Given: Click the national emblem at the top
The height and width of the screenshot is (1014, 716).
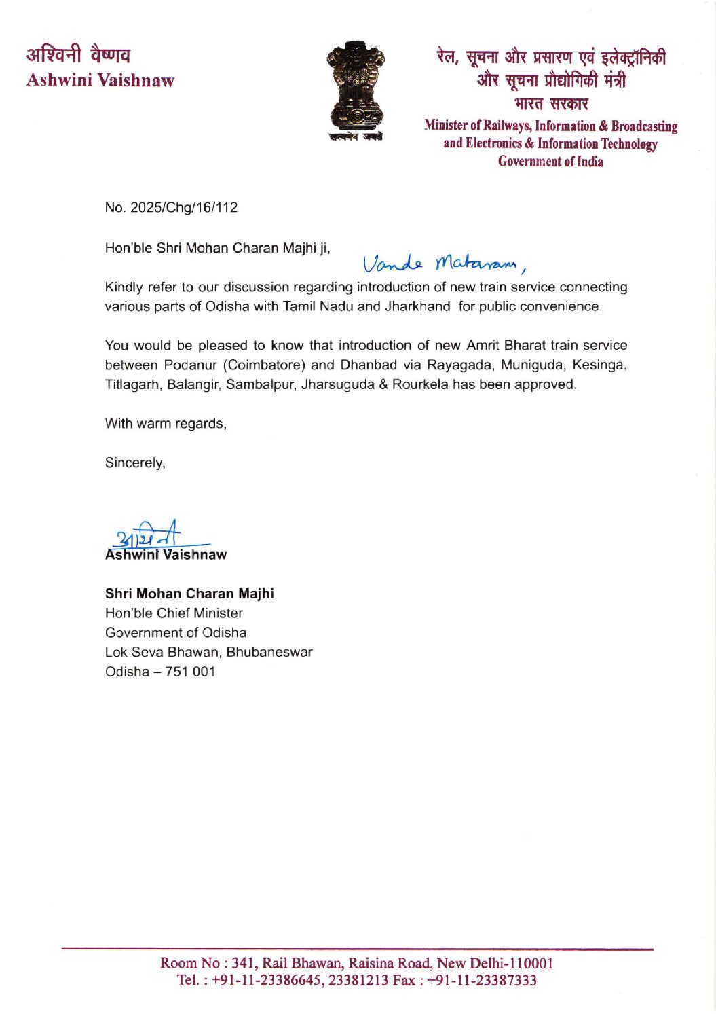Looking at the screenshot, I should (x=356, y=89).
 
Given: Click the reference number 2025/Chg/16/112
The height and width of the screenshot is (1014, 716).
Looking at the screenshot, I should (x=184, y=208).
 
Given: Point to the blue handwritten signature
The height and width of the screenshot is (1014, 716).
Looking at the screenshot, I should (x=153, y=535).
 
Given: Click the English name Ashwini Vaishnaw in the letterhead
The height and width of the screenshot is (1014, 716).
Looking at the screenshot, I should (x=100, y=80).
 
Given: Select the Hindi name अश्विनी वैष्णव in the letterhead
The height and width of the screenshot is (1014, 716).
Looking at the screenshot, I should (x=79, y=54).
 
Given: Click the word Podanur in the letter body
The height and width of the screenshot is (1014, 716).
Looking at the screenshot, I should (x=190, y=365).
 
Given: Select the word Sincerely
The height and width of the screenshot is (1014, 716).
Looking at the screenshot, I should (x=135, y=463).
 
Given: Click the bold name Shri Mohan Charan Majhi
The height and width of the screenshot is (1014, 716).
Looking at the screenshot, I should (x=189, y=594).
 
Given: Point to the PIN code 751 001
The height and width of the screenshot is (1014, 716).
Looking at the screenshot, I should (x=190, y=672).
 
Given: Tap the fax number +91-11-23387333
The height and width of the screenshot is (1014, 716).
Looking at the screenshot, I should (x=482, y=980).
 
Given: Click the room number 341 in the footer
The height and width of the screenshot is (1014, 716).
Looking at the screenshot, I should (x=242, y=963).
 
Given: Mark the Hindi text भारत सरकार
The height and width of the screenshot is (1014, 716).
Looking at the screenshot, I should (x=550, y=104).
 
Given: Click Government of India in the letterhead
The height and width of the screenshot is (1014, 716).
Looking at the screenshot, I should (x=550, y=162).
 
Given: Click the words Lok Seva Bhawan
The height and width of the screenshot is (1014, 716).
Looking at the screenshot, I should (x=163, y=652).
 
